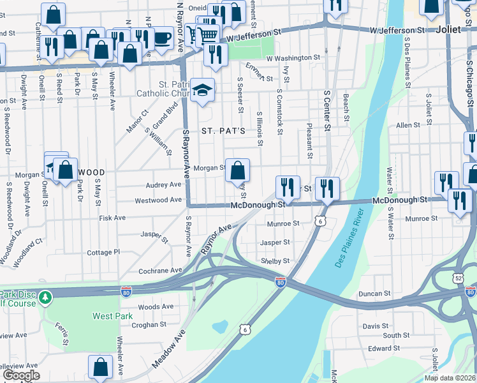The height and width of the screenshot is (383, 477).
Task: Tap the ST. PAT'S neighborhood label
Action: (x=223, y=131)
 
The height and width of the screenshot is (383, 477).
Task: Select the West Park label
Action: (x=111, y=316)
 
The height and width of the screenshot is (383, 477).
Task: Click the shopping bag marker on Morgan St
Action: (x=237, y=170)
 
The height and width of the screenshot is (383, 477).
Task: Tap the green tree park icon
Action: (x=45, y=297)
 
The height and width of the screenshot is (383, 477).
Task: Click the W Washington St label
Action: (x=293, y=57)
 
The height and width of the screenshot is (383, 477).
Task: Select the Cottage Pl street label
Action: (x=103, y=252)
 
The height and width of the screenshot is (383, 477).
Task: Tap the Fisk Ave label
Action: (x=112, y=218)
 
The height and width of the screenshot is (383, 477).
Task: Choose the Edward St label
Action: (x=383, y=348)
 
